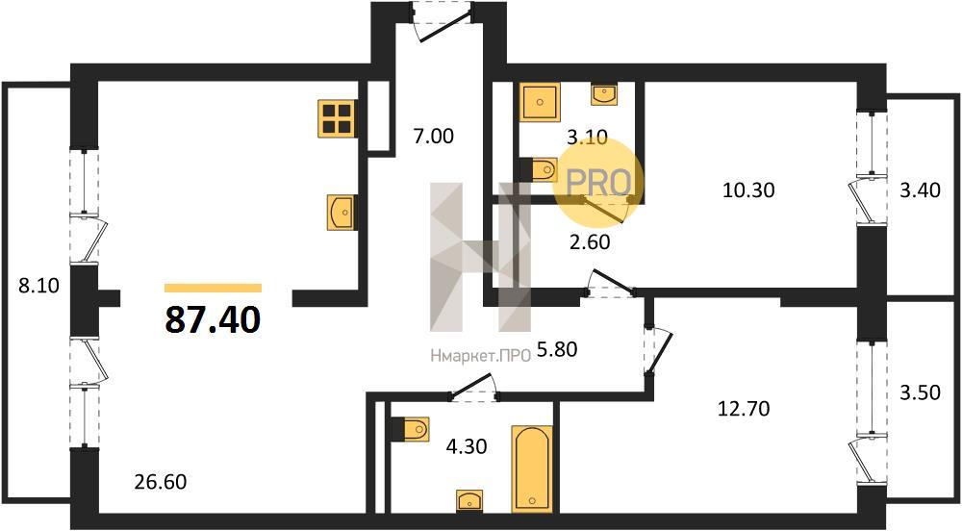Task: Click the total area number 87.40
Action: pyautogui.click(x=213, y=319)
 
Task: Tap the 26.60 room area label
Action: pyautogui.click(x=160, y=482)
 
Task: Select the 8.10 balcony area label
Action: pyautogui.click(x=38, y=285)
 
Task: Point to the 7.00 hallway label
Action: pyautogui.click(x=433, y=136)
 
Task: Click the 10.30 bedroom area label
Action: pyautogui.click(x=748, y=190)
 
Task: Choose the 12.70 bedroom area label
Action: pyautogui.click(x=744, y=409)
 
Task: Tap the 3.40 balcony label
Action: pyautogui.click(x=920, y=190)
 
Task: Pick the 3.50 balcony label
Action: pyautogui.click(x=920, y=392)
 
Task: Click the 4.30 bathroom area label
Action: pyautogui.click(x=467, y=445)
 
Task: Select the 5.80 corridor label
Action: pyautogui.click(x=556, y=349)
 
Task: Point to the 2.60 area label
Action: pyautogui.click(x=590, y=242)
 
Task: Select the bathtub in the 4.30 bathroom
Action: pyautogui.click(x=531, y=468)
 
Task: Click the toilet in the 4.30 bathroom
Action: pyautogui.click(x=411, y=429)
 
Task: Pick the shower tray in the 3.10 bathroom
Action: pyautogui.click(x=540, y=102)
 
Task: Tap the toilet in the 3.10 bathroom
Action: pyautogui.click(x=539, y=169)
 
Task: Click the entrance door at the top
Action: pyautogui.click(x=443, y=22)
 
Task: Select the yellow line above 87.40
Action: pyautogui.click(x=213, y=289)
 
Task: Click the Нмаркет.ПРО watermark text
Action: pyautogui.click(x=480, y=356)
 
